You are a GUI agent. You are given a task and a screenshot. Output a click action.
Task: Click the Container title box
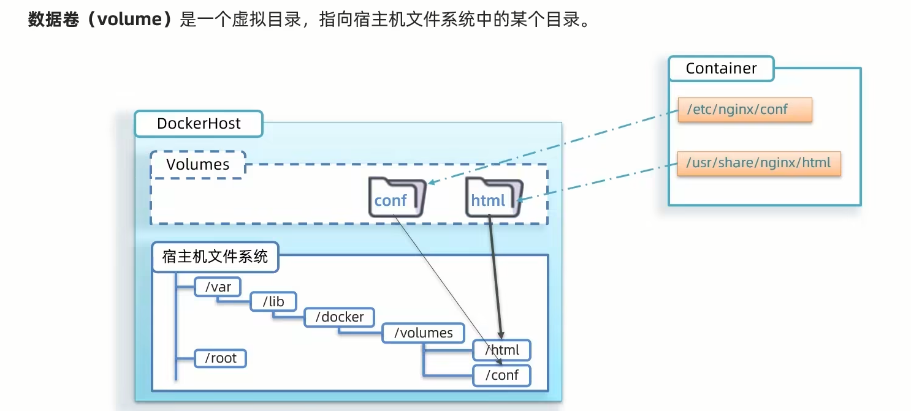tap(721, 69)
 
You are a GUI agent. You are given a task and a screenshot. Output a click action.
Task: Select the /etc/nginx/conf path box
tap(744, 110)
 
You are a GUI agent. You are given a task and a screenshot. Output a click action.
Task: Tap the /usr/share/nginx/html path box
tap(758, 163)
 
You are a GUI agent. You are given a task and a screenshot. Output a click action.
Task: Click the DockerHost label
tap(199, 124)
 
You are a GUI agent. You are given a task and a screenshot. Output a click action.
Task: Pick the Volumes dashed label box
tap(197, 165)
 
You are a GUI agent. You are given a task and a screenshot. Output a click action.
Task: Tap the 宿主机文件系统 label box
tap(215, 257)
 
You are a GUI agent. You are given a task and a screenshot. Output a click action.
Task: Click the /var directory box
tap(218, 286)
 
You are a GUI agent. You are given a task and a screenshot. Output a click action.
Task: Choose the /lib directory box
tap(273, 301)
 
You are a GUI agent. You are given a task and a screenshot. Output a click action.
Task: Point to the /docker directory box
tap(339, 317)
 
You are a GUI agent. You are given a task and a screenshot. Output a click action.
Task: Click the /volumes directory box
tap(423, 333)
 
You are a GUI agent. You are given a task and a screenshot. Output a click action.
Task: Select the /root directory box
tap(220, 358)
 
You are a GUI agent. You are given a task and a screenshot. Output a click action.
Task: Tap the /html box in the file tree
tap(502, 350)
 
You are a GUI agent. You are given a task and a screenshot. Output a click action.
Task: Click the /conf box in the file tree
tap(502, 375)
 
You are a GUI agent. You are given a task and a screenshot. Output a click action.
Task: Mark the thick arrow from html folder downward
tap(495, 276)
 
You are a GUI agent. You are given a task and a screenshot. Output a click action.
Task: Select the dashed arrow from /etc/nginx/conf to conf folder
tap(552, 147)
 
